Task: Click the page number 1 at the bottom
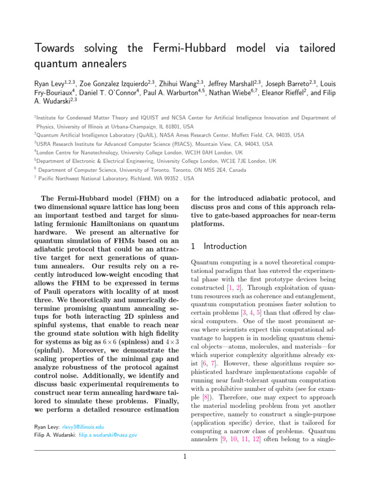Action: tap(185, 457)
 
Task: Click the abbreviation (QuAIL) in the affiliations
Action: tap(128, 135)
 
